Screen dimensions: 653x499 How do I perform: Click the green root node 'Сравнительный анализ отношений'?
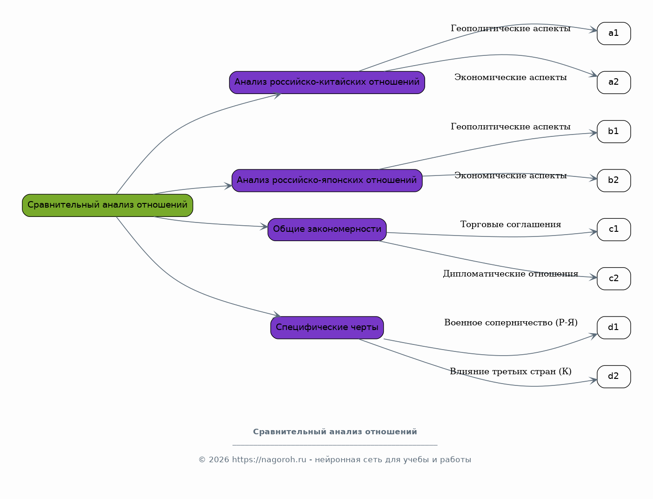(x=107, y=205)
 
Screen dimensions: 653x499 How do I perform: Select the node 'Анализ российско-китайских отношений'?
(x=327, y=82)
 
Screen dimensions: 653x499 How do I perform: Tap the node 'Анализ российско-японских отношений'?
(x=327, y=181)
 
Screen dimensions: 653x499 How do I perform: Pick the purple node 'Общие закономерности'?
(x=327, y=229)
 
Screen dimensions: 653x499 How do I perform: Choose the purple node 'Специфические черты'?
(x=327, y=328)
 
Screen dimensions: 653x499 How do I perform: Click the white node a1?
(x=614, y=34)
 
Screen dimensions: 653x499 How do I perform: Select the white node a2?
(x=614, y=82)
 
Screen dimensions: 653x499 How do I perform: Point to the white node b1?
(x=614, y=132)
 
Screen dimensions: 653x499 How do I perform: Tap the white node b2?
(x=614, y=181)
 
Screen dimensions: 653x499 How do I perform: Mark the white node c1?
(x=614, y=229)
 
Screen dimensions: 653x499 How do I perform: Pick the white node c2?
(x=614, y=279)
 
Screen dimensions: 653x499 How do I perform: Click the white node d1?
(x=614, y=328)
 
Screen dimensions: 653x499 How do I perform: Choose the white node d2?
(x=614, y=377)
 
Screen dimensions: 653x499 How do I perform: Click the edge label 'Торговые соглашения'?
(x=511, y=224)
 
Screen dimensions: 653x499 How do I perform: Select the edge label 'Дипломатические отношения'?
(x=511, y=274)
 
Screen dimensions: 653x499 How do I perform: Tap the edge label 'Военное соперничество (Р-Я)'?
(x=511, y=323)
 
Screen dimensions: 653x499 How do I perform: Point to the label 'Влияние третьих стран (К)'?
(x=511, y=371)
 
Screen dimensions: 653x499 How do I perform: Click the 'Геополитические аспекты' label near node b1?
(x=511, y=127)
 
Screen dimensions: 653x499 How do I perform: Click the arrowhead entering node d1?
(x=593, y=336)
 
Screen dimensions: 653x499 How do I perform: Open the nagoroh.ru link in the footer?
(x=269, y=460)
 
